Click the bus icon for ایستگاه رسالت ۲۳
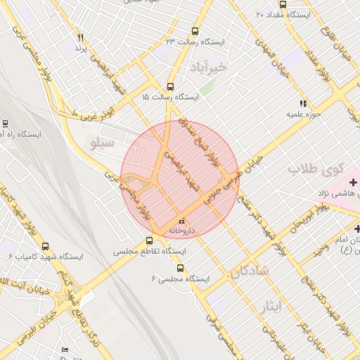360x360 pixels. tap(195, 31)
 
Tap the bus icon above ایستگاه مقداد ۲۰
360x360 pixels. tap(283, 4)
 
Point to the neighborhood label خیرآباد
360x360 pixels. tap(210, 67)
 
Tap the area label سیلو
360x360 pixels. tap(103, 143)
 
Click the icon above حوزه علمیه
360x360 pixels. tap(303, 103)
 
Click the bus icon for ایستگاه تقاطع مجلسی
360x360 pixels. tap(148, 241)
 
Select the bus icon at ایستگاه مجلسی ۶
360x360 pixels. tap(180, 268)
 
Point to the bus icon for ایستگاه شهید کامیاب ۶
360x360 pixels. tap(46, 246)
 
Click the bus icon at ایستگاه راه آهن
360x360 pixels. tap(6, 122)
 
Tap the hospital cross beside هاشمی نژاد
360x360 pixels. tap(354, 183)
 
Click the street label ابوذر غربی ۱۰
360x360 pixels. tap(91, 105)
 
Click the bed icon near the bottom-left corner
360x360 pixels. tap(65, 349)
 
